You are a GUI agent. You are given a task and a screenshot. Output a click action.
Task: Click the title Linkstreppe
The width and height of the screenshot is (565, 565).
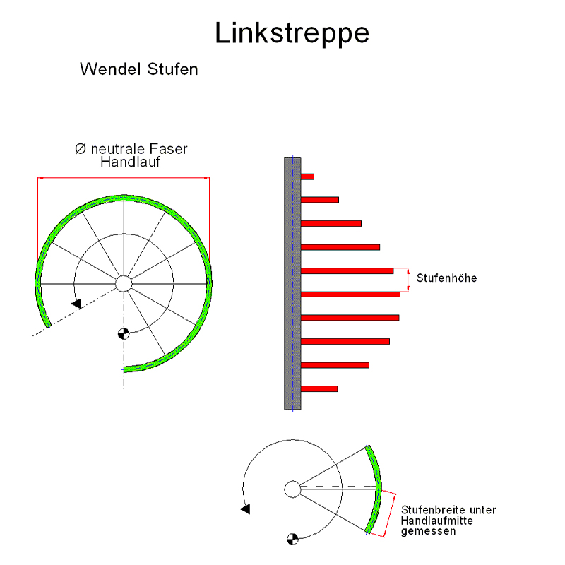tap(292, 33)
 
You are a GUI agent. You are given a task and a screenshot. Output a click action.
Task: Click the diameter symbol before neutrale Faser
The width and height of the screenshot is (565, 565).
tap(81, 149)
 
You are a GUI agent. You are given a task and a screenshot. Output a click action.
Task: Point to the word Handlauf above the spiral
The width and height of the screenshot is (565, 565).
tap(130, 162)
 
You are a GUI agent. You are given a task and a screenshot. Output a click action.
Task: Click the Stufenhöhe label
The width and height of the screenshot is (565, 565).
tap(446, 278)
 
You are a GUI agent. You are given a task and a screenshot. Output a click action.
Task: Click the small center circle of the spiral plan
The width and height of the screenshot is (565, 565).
tap(124, 283)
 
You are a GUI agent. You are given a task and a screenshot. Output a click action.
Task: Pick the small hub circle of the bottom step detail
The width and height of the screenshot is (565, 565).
tap(292, 488)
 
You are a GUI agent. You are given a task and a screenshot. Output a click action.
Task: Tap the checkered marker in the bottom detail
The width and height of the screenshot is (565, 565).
tap(292, 539)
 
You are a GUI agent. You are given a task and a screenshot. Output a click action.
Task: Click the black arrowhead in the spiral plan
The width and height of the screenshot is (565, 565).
tap(76, 303)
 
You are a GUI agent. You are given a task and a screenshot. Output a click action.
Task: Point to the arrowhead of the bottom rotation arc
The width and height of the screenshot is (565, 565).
tap(245, 508)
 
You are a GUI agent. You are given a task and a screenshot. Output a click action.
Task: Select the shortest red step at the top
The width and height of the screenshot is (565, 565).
tap(307, 177)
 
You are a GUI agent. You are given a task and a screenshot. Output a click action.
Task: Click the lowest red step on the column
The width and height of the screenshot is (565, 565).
tap(319, 388)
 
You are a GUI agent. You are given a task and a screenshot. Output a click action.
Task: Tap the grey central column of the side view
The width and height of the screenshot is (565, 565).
tap(292, 282)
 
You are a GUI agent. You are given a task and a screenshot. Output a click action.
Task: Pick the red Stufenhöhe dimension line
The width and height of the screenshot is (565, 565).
tap(409, 280)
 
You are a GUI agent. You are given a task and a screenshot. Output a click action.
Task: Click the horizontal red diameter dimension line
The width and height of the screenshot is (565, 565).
tap(124, 178)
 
